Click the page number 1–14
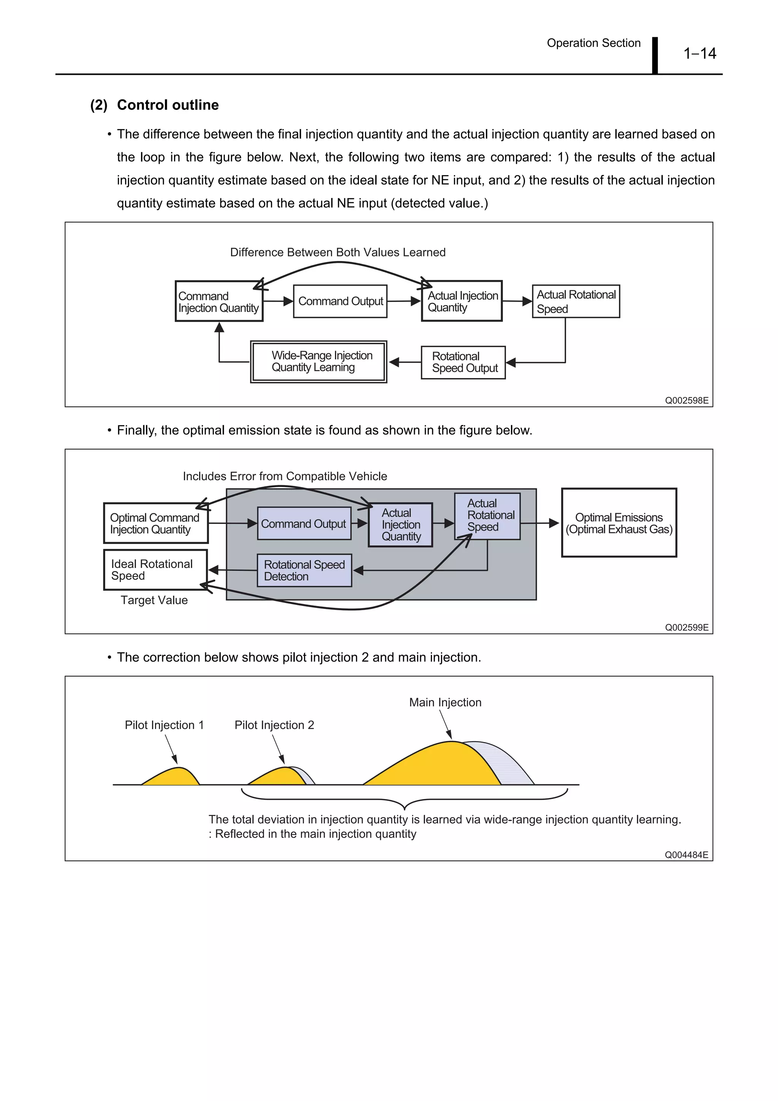pyautogui.click(x=699, y=53)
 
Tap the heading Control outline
pyautogui.click(x=168, y=105)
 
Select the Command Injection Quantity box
pyautogui.click(x=219, y=301)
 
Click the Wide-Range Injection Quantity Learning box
pyautogui.click(x=318, y=362)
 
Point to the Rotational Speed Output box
pyautogui.click(x=463, y=362)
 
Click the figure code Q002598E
pyautogui.click(x=686, y=400)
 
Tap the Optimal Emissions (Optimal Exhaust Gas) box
pyautogui.click(x=619, y=523)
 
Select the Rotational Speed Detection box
pyautogui.click(x=304, y=571)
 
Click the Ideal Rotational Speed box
pyautogui.click(x=156, y=569)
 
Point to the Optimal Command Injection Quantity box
pyautogui.click(x=156, y=523)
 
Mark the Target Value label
pyautogui.click(x=154, y=600)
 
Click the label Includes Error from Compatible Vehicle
pyautogui.click(x=285, y=476)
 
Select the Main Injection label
pyautogui.click(x=445, y=702)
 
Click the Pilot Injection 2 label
pyautogui.click(x=274, y=725)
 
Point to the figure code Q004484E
pyautogui.click(x=686, y=855)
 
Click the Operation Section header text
pyautogui.click(x=593, y=43)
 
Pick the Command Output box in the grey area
pyautogui.click(x=304, y=524)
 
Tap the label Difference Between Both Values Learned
pyautogui.click(x=338, y=252)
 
